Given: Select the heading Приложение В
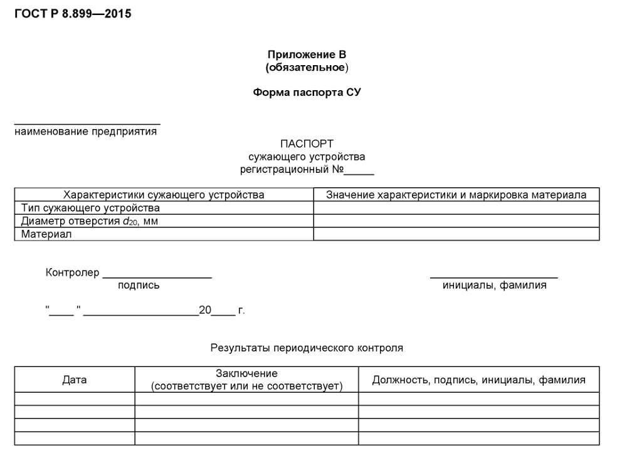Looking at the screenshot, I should click(x=307, y=54).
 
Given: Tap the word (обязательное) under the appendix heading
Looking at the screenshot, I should click(x=307, y=67).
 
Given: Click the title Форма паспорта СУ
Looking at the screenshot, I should click(x=307, y=92).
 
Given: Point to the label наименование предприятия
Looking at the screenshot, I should click(x=86, y=132).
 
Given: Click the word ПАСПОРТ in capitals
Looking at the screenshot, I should click(x=307, y=144).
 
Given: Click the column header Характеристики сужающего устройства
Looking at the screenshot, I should click(x=164, y=195).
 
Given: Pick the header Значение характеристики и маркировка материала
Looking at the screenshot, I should click(x=456, y=195).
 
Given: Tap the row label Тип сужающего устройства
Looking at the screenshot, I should click(x=90, y=208).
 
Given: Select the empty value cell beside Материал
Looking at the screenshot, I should click(x=456, y=234).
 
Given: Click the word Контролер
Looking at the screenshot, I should click(x=72, y=272).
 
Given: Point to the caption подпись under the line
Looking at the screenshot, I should click(x=139, y=286).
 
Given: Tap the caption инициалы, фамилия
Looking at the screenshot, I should click(x=494, y=286).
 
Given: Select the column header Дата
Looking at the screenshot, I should click(x=75, y=380).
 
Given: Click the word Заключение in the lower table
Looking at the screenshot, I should click(x=246, y=373).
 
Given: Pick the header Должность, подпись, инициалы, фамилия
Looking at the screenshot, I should click(x=478, y=380).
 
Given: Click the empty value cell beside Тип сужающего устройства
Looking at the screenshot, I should click(x=456, y=208).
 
